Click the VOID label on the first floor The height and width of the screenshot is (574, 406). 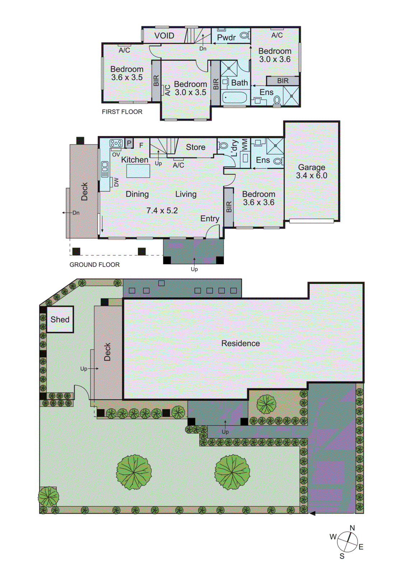click(164, 36)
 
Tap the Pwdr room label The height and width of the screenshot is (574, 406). click(226, 37)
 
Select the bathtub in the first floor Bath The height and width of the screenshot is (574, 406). click(234, 98)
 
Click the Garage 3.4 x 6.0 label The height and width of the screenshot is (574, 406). click(312, 171)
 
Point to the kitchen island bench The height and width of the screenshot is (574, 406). click(138, 171)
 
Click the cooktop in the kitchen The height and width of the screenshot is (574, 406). click(116, 143)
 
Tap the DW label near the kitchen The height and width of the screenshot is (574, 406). click(116, 182)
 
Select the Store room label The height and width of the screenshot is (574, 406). click(196, 147)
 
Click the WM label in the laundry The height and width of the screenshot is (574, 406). click(245, 145)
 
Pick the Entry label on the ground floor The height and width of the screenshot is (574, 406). click(210, 218)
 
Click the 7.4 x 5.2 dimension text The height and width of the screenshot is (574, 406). click(162, 211)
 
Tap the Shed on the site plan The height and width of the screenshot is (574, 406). click(60, 319)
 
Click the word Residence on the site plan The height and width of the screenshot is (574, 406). click(241, 343)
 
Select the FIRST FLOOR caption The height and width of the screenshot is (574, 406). click(122, 112)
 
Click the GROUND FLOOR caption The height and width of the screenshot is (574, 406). click(94, 265)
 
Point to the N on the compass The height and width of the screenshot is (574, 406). click(352, 528)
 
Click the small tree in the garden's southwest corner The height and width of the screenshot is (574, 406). click(48, 497)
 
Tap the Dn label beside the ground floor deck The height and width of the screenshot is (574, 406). click(76, 213)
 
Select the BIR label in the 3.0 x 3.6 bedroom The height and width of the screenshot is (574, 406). click(283, 81)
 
